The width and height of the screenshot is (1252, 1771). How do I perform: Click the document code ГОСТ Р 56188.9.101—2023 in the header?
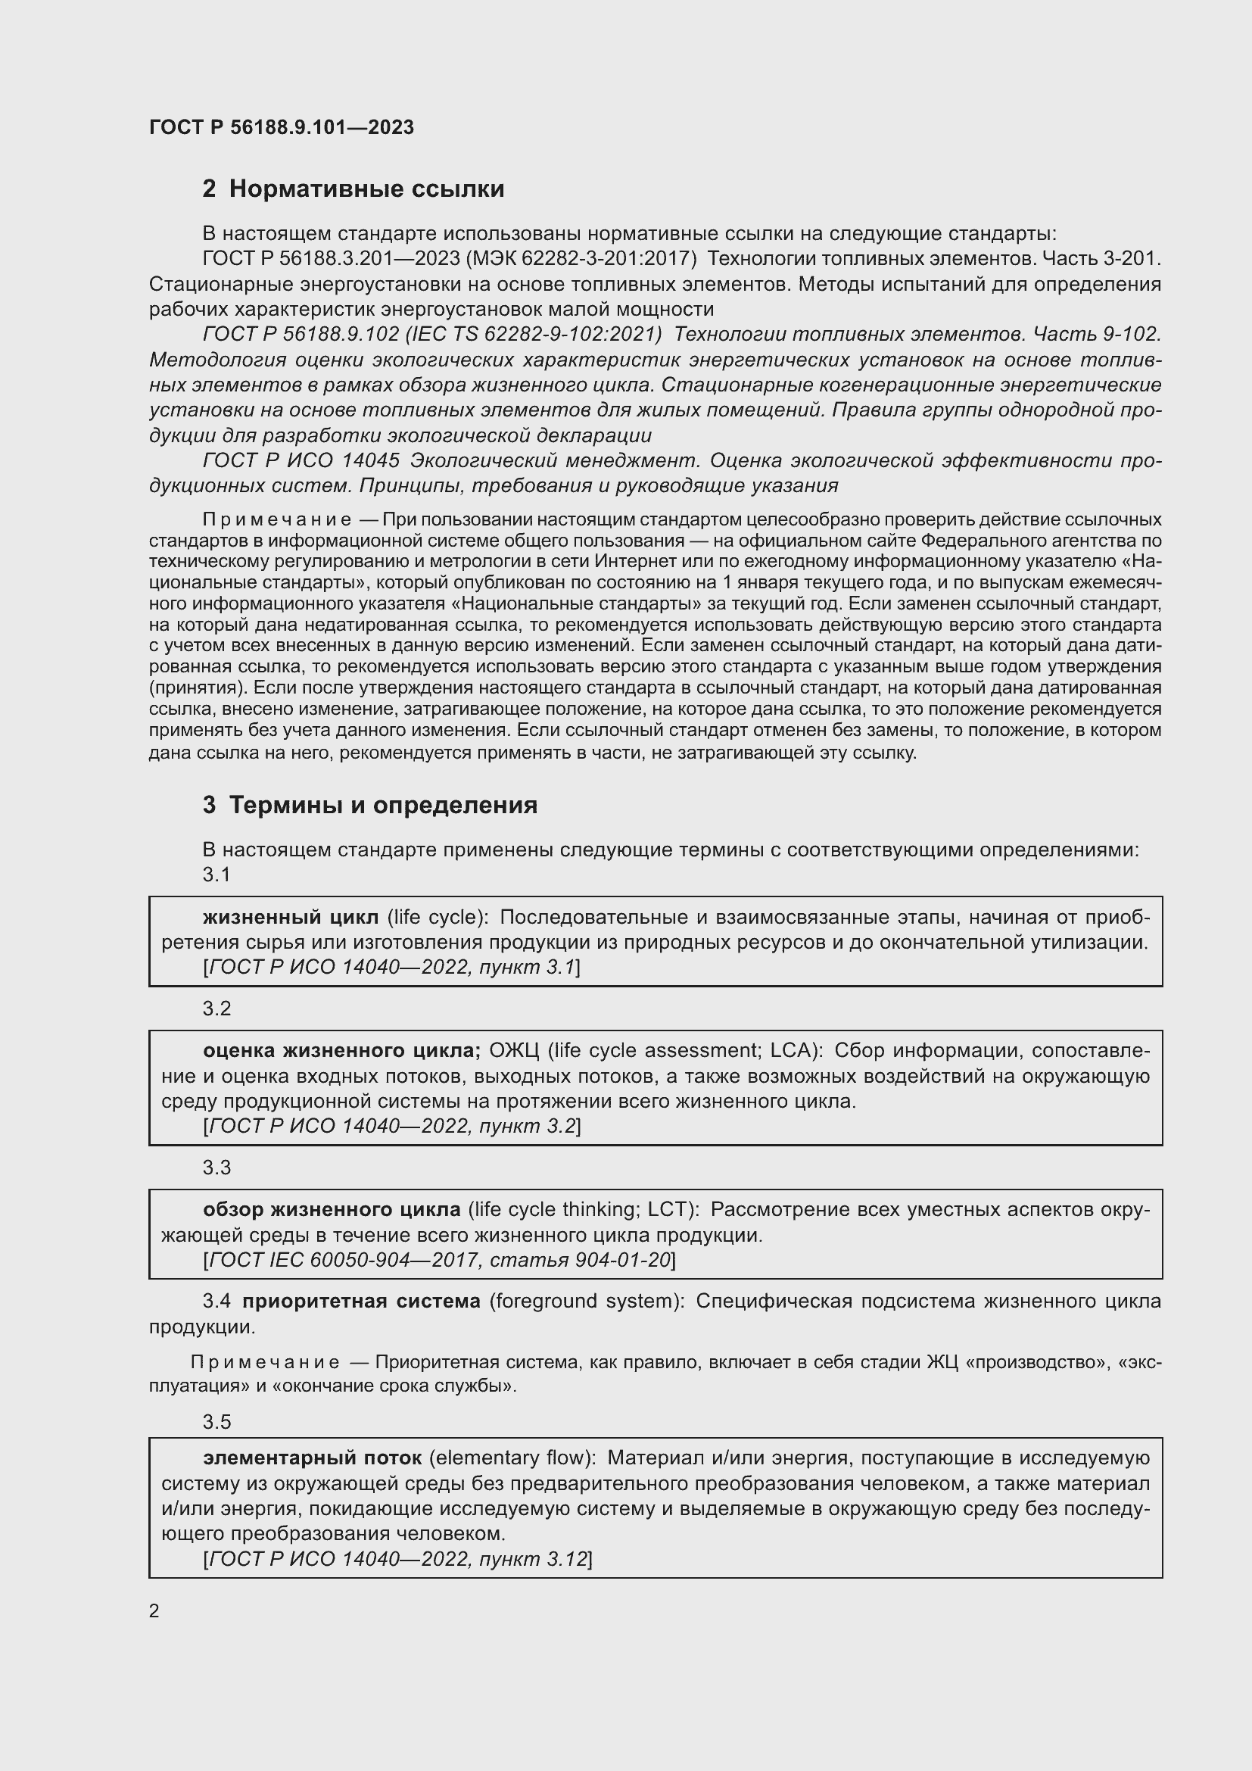(282, 127)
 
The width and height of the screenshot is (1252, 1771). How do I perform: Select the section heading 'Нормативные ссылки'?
(366, 189)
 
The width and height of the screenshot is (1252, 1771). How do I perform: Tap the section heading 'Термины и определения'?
(383, 806)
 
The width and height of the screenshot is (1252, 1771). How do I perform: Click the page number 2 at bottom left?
(154, 1610)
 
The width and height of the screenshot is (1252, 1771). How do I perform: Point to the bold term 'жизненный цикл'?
(291, 917)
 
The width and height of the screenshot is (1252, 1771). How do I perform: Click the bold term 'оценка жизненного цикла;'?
(341, 1051)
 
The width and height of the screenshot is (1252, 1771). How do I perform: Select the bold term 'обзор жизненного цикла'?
(332, 1209)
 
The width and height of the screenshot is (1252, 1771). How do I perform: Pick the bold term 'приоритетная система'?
(361, 1302)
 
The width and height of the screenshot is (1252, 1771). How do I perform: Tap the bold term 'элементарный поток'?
(312, 1458)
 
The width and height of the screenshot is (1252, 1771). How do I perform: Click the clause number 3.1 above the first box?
(216, 875)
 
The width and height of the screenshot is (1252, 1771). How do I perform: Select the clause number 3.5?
(216, 1422)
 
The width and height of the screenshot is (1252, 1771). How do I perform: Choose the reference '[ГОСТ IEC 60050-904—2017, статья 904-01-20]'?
(440, 1260)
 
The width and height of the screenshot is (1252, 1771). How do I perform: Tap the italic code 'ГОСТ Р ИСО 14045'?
(301, 460)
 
